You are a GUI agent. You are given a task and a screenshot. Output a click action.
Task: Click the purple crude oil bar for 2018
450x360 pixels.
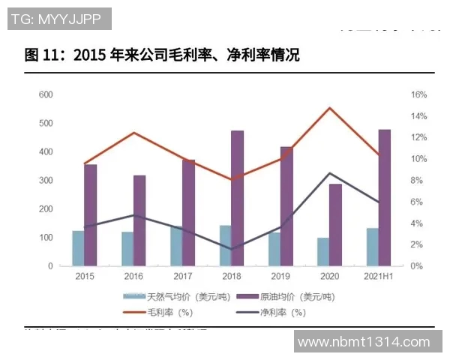(237, 198)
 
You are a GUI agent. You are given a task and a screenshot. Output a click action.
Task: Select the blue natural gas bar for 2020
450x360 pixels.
(322, 252)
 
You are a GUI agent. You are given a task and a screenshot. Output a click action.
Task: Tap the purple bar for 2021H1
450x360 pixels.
(384, 198)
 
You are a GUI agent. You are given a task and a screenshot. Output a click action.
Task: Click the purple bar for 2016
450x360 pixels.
(139, 220)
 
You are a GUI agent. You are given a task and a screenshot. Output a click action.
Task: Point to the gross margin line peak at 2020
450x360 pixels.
(329, 108)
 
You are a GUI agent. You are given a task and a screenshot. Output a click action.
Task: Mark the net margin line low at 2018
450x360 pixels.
(231, 249)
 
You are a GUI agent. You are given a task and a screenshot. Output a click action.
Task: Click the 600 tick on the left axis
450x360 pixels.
(45, 94)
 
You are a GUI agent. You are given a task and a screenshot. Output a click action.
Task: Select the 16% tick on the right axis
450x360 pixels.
(418, 94)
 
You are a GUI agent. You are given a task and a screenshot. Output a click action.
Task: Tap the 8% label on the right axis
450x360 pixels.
(418, 181)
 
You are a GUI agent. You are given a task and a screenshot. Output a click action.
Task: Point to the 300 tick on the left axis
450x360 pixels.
(45, 181)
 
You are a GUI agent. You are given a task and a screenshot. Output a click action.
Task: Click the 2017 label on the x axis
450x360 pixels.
(182, 277)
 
